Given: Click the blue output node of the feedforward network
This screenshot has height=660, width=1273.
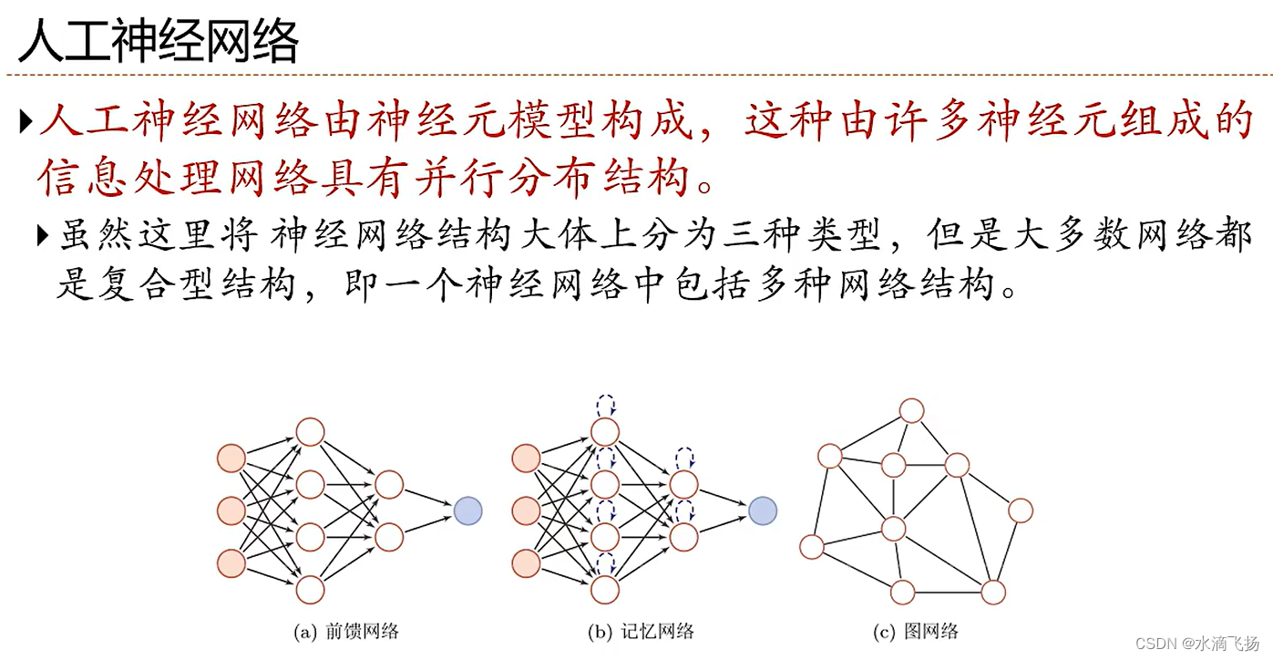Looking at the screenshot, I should [467, 510].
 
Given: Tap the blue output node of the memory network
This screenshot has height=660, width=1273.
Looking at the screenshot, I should [763, 510].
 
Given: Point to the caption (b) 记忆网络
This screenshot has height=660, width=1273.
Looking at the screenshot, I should [642, 631].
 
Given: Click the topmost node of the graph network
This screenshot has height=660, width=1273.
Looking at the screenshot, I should [911, 410].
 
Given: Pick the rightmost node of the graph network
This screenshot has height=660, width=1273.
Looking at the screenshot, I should [1020, 510].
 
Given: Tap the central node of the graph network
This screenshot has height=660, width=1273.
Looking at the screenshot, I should [893, 527].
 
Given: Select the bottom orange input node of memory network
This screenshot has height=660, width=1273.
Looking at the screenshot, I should [527, 562].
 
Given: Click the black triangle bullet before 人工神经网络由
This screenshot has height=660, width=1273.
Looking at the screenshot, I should [26, 120].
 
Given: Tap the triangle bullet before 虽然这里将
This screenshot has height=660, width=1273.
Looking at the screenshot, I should [45, 236].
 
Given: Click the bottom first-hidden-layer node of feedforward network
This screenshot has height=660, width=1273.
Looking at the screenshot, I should [310, 590].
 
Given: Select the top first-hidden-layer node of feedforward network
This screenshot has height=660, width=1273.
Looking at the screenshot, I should [310, 431].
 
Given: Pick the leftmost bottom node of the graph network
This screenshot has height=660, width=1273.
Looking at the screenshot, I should [811, 547].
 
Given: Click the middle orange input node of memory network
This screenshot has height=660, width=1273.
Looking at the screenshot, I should [527, 510].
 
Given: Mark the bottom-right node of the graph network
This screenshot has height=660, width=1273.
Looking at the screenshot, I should [992, 593].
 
